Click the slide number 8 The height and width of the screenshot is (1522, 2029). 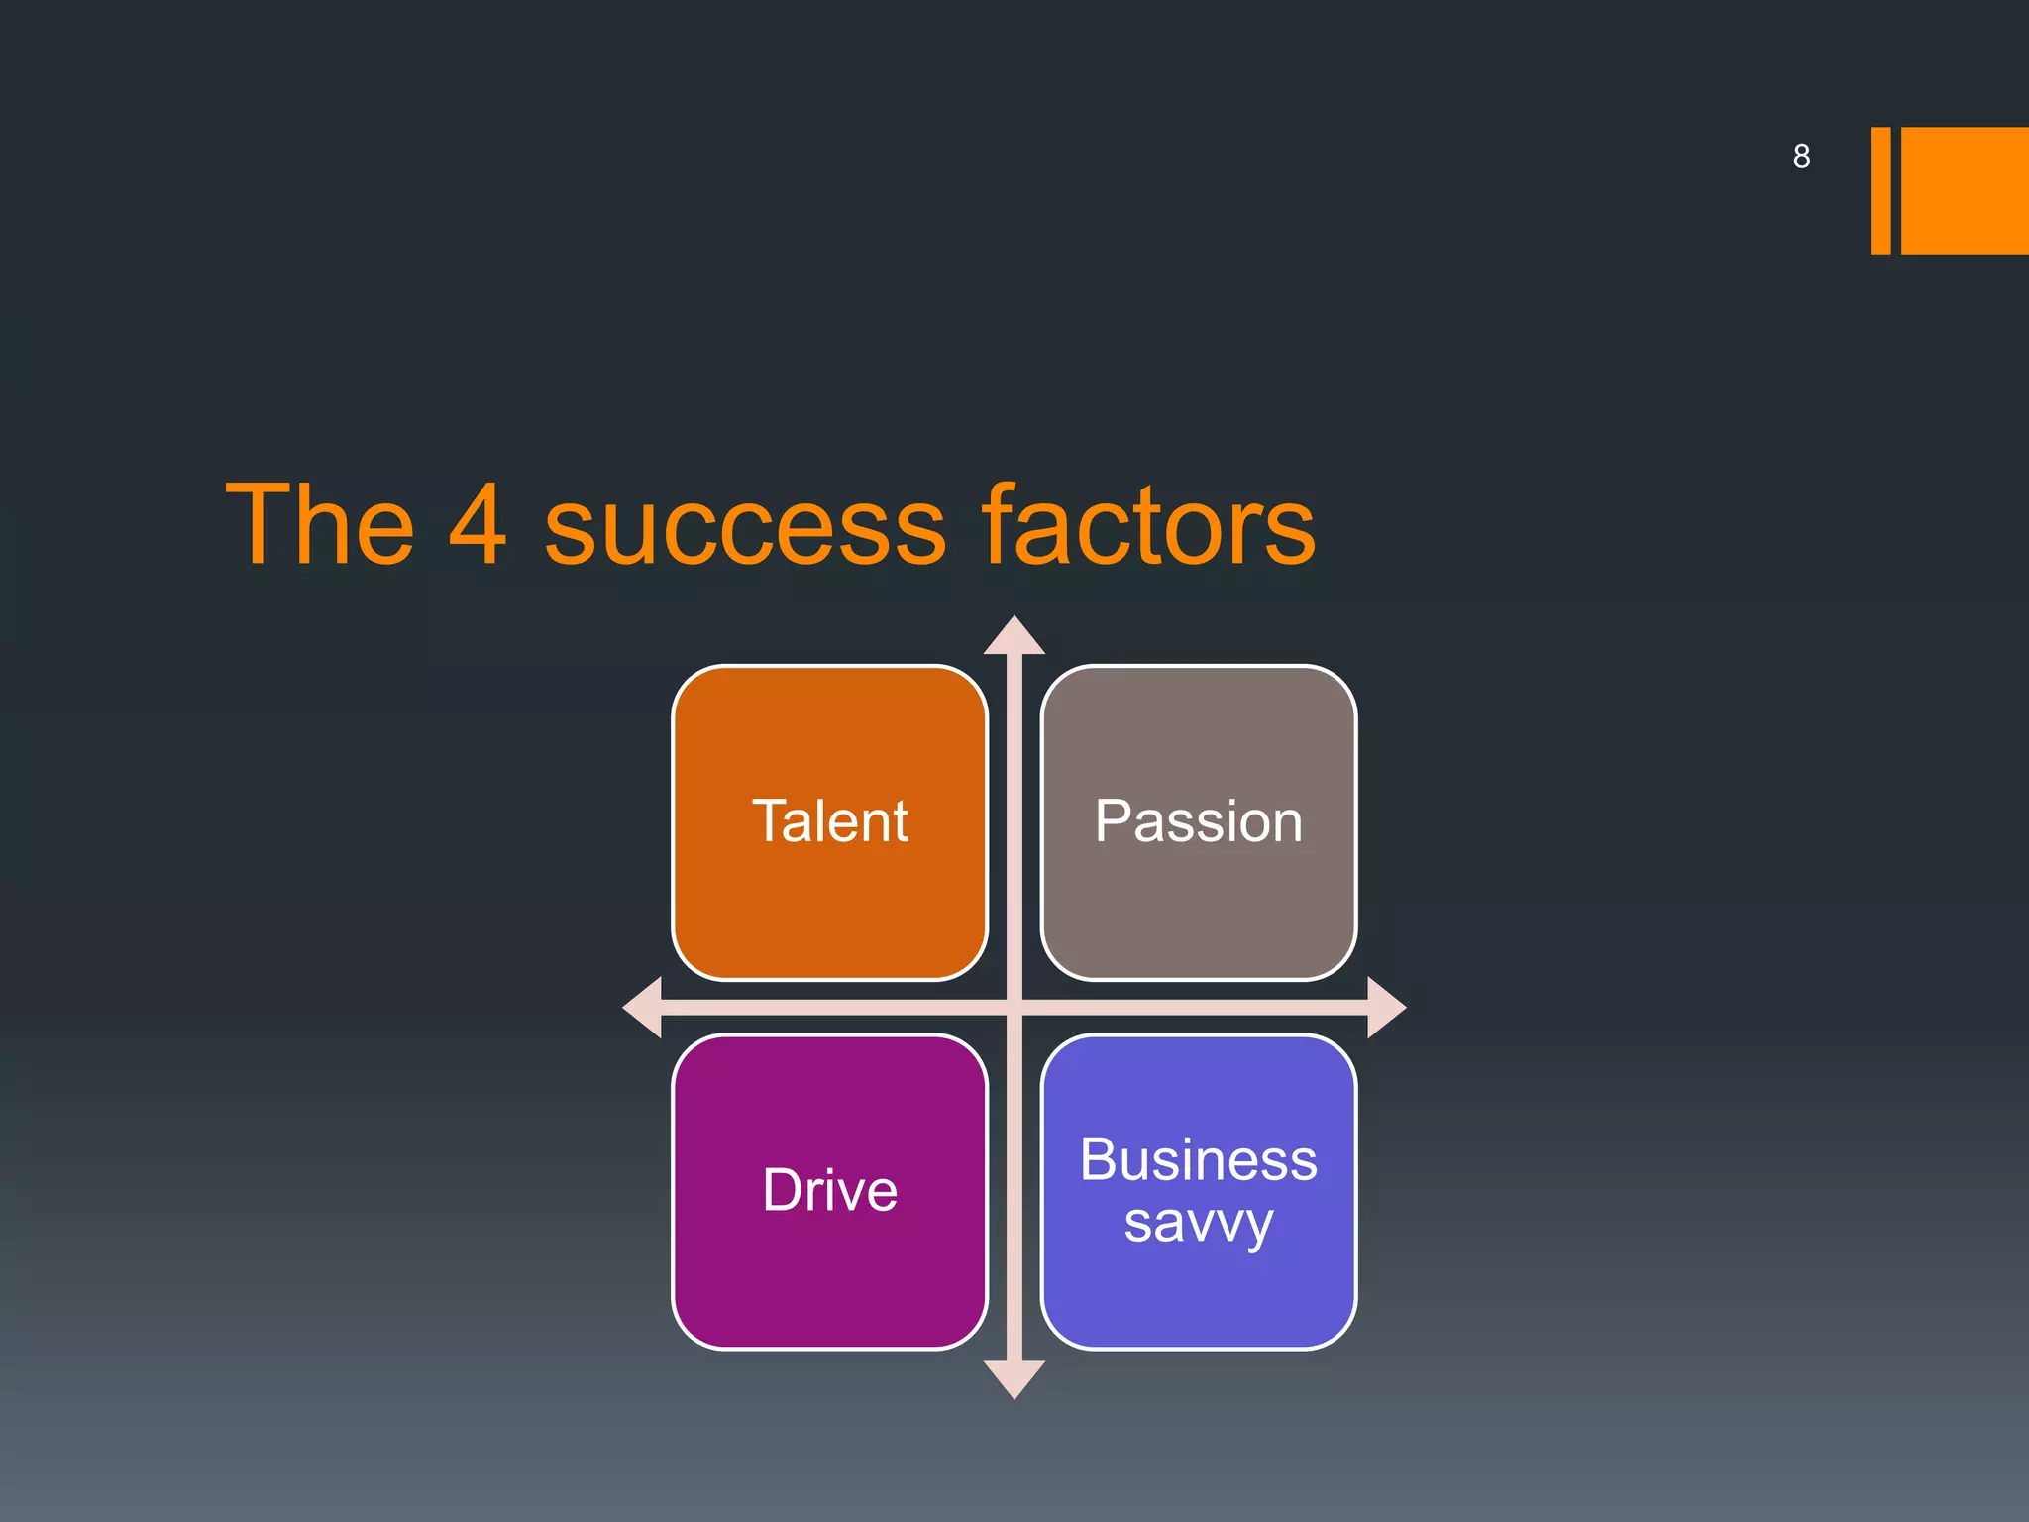1801,157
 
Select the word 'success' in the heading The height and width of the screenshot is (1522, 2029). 745,530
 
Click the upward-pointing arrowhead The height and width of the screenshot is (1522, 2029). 1014,637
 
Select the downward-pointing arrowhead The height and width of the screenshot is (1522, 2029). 1014,1378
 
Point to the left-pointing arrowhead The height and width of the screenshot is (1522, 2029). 644,1008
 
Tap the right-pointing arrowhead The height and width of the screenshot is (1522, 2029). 1385,1008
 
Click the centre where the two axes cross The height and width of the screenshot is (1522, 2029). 1014,1008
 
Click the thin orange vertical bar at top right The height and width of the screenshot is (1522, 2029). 1880,190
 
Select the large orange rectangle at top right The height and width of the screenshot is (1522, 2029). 1966,190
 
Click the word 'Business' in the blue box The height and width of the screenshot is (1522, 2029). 1199,1159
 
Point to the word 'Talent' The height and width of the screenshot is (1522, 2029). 830,821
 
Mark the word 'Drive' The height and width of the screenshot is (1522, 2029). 830,1190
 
